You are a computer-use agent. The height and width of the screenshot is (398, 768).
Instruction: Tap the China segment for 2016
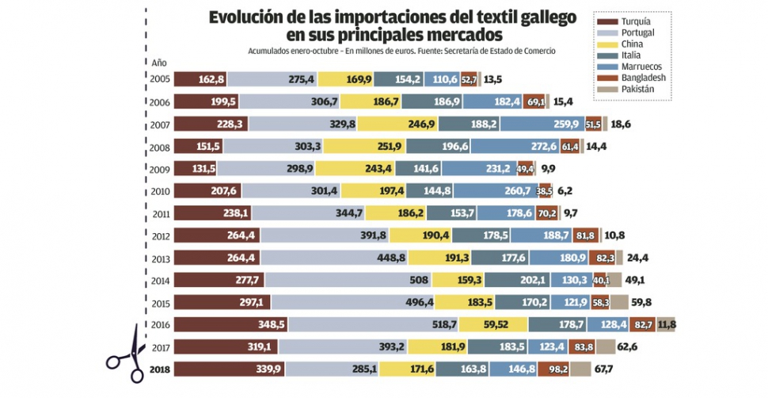492,324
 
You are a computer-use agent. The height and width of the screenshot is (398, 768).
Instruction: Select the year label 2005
159,78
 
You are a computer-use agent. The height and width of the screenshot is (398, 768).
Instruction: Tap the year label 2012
159,235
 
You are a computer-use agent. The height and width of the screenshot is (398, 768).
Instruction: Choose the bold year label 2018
159,369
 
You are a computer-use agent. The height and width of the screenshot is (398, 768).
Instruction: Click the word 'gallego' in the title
542,17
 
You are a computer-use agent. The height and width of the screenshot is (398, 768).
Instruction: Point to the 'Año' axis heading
159,62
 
